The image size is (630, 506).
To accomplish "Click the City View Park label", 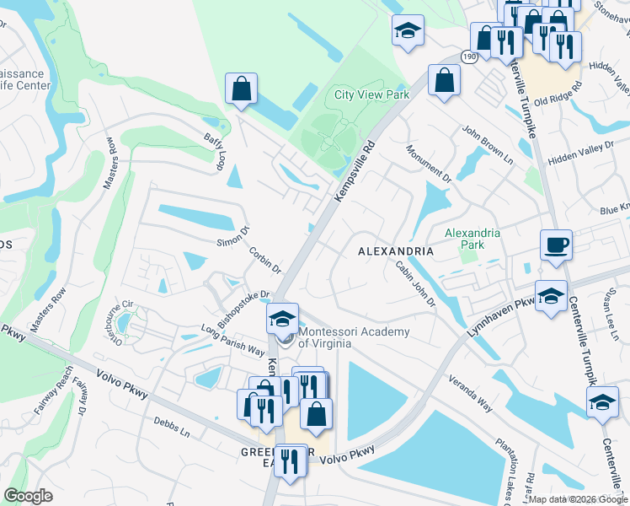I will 371,95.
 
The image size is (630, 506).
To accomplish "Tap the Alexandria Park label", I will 472,239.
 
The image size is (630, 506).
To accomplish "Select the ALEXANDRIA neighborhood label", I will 395,251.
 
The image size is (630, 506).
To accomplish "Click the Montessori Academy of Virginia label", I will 355,338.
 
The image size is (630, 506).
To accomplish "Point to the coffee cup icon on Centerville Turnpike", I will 556,245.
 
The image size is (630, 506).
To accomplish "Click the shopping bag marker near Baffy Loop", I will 241,89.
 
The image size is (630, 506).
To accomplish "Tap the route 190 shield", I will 469,56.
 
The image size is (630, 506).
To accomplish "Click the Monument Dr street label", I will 429,164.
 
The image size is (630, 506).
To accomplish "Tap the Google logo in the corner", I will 28,496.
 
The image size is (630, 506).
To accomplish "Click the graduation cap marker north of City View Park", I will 408,32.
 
